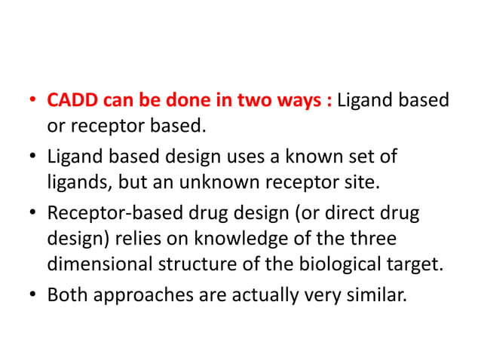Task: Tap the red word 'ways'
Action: (x=302, y=100)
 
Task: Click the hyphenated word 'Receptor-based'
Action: (x=108, y=214)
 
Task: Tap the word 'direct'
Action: (x=349, y=214)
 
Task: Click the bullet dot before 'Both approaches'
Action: (x=32, y=294)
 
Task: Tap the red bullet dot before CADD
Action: (x=32, y=101)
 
